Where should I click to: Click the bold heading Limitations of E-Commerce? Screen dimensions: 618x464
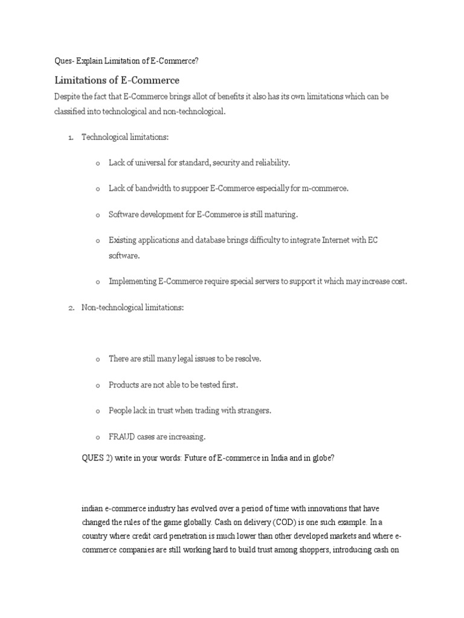(117, 80)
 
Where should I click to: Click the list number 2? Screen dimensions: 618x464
(70, 308)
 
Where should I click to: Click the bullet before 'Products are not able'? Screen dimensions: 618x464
(97, 385)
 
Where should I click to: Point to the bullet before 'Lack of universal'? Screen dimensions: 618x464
(97, 164)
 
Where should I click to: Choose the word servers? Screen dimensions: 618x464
(262, 282)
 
